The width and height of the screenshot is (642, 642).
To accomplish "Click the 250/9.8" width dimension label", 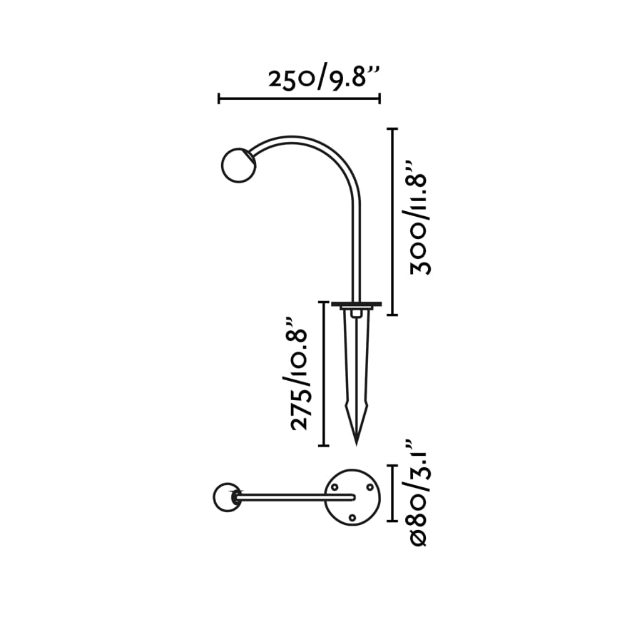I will (323, 77).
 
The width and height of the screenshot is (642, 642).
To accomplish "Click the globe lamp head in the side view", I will (238, 165).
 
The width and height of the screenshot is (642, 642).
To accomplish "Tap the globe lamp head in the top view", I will (227, 497).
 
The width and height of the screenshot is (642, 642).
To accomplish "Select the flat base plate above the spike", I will (356, 305).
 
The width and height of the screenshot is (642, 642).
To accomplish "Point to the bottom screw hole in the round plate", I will (352, 517).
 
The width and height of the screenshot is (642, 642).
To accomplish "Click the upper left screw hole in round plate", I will (335, 486).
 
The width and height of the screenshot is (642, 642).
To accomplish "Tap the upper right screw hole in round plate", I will (370, 486).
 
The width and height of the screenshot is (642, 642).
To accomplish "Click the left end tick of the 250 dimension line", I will (219, 98).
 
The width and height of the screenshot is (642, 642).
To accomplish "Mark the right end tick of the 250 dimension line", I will (379, 98).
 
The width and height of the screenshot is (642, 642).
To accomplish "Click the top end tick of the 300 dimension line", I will (391, 129).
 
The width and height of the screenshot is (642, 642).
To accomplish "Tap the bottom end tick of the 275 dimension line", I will (323, 446).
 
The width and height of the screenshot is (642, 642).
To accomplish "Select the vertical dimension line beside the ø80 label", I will (392, 494).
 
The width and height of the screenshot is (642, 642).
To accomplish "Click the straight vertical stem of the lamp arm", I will (355, 250).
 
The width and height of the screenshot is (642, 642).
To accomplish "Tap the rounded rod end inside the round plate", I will (352, 496).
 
